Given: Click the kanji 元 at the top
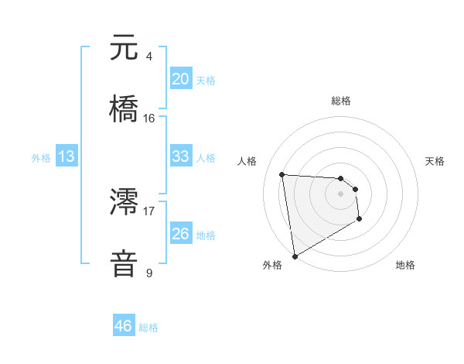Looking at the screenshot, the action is point(125,48).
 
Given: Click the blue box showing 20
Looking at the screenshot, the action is point(180,79).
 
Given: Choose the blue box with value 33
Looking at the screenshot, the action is point(180,156).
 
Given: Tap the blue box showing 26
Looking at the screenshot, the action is point(180,233).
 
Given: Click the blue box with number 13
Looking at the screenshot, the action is point(67,156).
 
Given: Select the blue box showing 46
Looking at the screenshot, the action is point(124,326).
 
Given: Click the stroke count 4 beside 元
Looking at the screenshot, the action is point(149,56).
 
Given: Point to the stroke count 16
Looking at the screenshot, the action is point(149,118).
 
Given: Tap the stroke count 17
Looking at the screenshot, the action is point(149,210).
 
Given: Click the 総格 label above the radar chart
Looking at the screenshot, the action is point(340,101).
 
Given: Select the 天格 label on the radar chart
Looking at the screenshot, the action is point(435,161).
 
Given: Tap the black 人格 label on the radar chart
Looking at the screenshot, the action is point(247,161).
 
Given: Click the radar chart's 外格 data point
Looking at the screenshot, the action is point(294,256).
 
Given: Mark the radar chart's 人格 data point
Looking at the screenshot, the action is point(282,174).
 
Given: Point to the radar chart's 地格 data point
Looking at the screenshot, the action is point(360,219).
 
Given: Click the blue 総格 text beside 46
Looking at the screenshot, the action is point(148,328).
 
